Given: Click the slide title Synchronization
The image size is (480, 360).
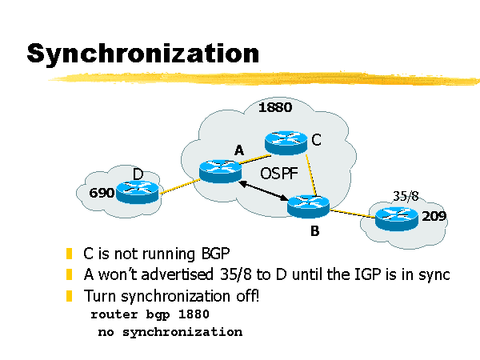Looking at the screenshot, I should [x=142, y=54].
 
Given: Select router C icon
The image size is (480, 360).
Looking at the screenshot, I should [x=286, y=142].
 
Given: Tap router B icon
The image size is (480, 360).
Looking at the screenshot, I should [x=308, y=206].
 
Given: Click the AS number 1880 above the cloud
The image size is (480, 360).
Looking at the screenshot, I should [x=275, y=107].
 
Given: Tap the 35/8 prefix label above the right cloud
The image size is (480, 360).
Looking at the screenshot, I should [x=406, y=195].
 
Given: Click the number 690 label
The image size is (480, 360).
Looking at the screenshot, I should [x=102, y=193].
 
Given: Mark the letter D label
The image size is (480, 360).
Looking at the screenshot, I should [x=138, y=174].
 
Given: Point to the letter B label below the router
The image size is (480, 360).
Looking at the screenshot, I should [x=314, y=233].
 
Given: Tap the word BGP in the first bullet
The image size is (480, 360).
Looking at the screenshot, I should [x=200, y=254].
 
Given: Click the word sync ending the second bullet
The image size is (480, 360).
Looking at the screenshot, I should [x=433, y=274].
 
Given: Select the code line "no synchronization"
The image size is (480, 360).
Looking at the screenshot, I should [x=169, y=331].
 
